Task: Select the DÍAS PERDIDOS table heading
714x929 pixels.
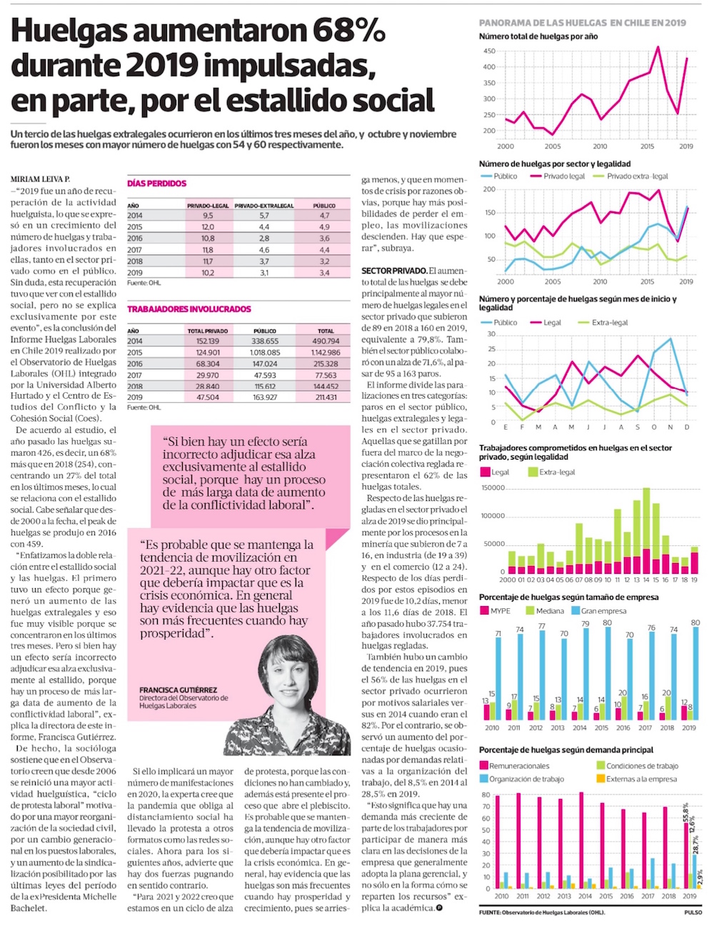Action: tap(156, 184)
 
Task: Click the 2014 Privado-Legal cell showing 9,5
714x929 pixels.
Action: tap(208, 215)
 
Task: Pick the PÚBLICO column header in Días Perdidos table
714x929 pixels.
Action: tap(325, 206)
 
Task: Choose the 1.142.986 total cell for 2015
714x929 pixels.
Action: tap(326, 352)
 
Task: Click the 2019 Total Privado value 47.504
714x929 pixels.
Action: tap(208, 397)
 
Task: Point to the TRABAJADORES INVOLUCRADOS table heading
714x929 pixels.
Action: tap(189, 309)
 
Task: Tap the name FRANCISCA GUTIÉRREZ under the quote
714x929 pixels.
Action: tap(178, 690)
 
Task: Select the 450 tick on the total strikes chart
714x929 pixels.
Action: tap(489, 51)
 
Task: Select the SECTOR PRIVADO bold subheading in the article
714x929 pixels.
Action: tap(393, 271)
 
